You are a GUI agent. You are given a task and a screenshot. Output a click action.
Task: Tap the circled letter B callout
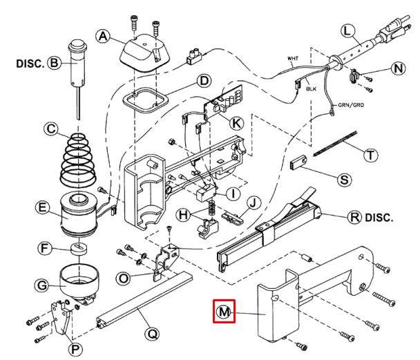click(x=53, y=64)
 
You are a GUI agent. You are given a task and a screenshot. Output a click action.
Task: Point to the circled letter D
click(x=203, y=82)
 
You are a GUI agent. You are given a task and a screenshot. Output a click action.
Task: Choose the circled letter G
click(x=42, y=284)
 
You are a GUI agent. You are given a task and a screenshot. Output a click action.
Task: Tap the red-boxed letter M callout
click(x=223, y=312)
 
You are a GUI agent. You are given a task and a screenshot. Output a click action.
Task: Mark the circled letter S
click(x=343, y=178)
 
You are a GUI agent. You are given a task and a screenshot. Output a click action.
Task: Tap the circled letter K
click(x=236, y=123)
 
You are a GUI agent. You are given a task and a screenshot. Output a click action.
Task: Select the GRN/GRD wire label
click(x=351, y=106)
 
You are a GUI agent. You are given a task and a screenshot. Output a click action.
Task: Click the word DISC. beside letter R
click(x=379, y=217)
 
